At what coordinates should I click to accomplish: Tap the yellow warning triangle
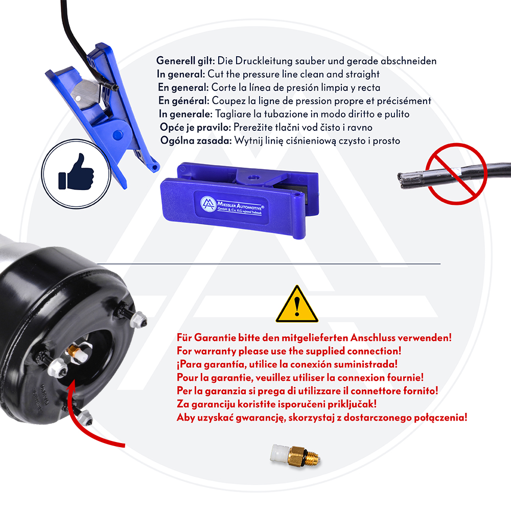296,304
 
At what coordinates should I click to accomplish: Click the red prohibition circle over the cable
456,174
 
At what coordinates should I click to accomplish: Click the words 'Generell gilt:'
185,61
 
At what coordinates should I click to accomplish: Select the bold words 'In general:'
181,74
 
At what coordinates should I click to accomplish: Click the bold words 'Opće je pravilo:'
196,127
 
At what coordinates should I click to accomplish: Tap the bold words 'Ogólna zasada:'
196,141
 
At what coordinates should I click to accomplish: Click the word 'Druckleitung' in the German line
264,61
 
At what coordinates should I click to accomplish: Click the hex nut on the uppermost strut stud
138,319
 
